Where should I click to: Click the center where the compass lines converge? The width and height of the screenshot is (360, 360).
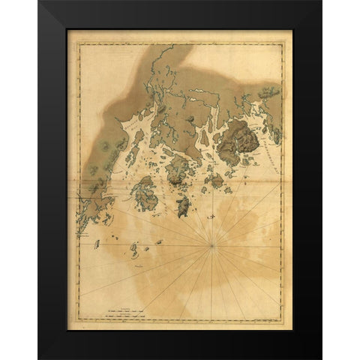[213, 244]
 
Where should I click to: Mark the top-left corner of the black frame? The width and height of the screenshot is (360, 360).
[38, 1]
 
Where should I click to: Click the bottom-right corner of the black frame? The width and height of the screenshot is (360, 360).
[321, 358]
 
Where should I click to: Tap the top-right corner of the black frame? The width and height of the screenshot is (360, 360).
[321, 1]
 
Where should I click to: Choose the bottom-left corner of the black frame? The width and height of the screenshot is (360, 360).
[38, 358]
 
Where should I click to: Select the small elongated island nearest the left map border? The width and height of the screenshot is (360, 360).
[96, 241]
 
